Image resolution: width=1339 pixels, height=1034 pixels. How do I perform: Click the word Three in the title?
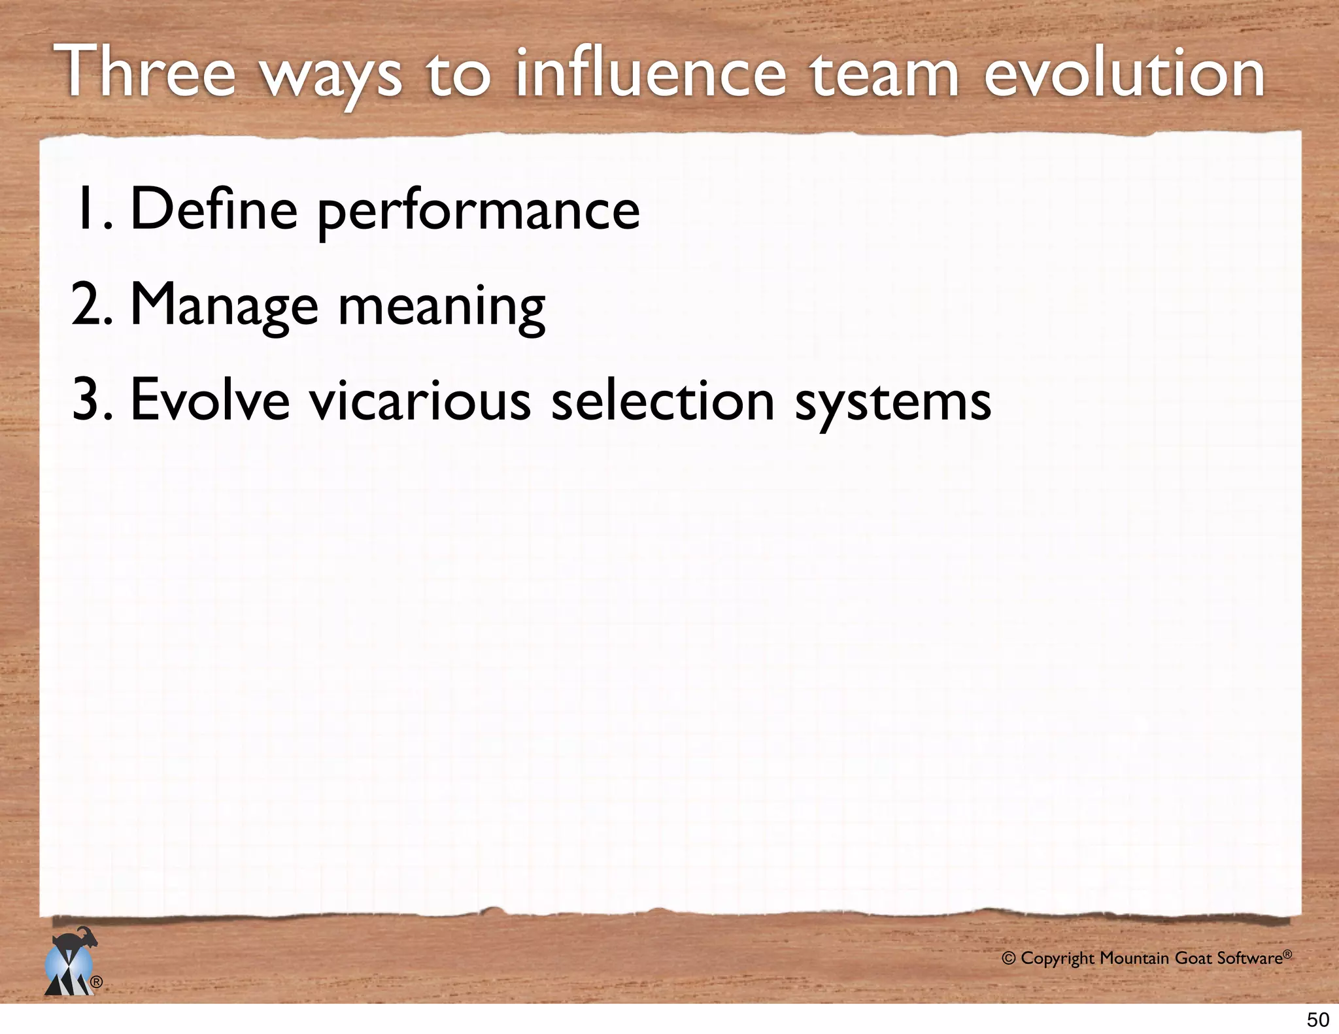click(148, 73)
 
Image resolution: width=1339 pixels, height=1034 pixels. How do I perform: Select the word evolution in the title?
click(1124, 73)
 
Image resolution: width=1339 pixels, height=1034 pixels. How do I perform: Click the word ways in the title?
click(332, 77)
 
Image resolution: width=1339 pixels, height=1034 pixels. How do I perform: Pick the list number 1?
click(92, 209)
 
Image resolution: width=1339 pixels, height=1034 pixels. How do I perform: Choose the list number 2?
click(91, 305)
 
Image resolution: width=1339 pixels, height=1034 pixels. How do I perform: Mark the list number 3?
click(91, 400)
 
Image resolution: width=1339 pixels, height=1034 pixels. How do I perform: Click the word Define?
click(214, 209)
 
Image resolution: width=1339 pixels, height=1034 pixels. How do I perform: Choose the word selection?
click(663, 400)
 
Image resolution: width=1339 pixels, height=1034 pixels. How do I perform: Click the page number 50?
click(1317, 1020)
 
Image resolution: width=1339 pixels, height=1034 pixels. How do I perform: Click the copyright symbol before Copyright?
click(1009, 959)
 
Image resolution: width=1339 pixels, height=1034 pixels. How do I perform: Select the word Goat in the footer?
click(1194, 959)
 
